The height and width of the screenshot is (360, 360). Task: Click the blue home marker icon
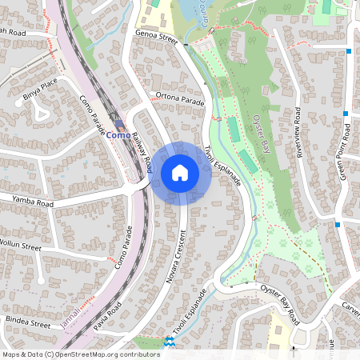[180, 171]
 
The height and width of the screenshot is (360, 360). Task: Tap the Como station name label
[118, 135]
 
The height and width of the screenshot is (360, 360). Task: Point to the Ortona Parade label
[181, 99]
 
